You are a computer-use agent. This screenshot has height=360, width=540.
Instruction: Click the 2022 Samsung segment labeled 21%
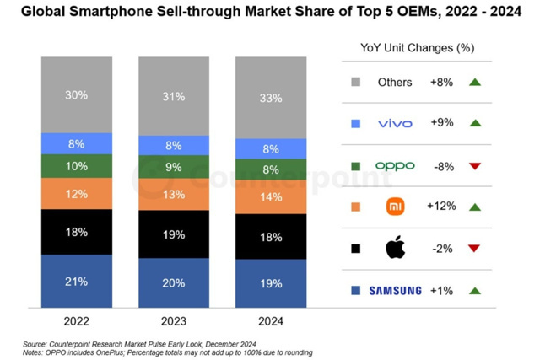click(x=76, y=282)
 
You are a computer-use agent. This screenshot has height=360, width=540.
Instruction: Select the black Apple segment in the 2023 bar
click(x=173, y=234)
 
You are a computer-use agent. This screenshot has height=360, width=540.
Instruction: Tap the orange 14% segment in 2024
click(x=270, y=196)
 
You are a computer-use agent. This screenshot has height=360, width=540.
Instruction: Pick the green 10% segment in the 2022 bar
click(x=76, y=166)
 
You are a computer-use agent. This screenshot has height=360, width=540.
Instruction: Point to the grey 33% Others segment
click(x=270, y=98)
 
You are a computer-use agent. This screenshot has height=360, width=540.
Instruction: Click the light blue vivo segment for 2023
click(x=173, y=145)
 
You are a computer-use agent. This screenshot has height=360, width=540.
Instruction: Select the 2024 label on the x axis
click(x=270, y=321)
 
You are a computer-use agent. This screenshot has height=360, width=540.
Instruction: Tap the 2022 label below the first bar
click(x=76, y=321)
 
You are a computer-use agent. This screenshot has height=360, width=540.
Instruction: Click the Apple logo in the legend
click(x=395, y=249)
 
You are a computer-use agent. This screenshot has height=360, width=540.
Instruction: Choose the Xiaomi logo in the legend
click(x=395, y=207)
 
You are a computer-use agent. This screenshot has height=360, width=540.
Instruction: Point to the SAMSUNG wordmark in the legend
click(x=395, y=291)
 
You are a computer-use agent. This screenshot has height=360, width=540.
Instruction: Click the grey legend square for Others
click(x=355, y=82)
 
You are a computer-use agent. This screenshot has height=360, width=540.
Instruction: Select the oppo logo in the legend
click(x=395, y=165)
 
